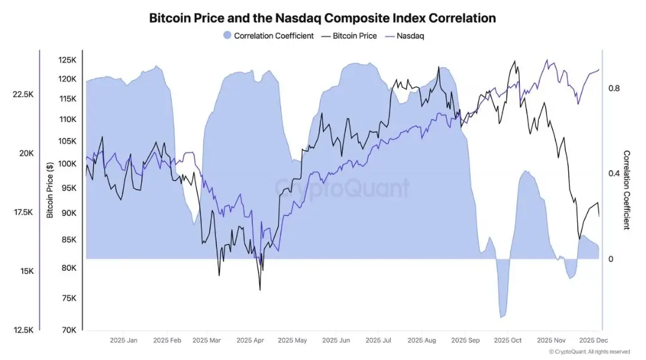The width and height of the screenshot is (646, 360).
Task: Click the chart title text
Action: tap(322, 18)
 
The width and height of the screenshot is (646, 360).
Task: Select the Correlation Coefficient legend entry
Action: tap(268, 36)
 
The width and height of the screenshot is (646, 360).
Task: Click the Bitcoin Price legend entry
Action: tap(349, 36)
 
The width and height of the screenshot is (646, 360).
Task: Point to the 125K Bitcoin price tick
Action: tap(67, 60)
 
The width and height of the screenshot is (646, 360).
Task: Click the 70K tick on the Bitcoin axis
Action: tap(69, 330)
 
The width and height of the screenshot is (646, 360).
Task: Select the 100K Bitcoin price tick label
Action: tap(67, 164)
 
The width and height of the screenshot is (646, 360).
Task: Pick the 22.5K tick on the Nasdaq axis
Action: tap(23, 94)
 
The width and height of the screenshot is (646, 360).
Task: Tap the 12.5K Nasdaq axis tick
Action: tap(23, 330)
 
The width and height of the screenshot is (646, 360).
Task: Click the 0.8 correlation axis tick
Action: tap(614, 89)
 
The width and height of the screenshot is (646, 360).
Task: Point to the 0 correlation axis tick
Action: tap(611, 259)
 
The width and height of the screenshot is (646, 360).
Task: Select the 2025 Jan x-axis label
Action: tap(124, 340)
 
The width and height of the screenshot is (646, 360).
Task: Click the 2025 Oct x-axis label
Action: tap(507, 340)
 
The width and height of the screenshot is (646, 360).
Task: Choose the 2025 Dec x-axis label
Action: tap(593, 340)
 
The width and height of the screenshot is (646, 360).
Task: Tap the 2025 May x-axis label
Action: tap(292, 340)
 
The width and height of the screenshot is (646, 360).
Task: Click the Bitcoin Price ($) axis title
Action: tap(50, 188)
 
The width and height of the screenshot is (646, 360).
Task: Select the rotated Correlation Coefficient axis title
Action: tap(626, 190)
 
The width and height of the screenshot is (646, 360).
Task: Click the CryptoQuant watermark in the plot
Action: tap(342, 188)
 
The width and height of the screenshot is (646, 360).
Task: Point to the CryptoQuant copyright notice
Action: tap(590, 352)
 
